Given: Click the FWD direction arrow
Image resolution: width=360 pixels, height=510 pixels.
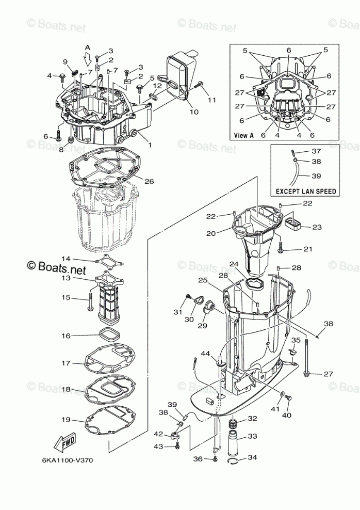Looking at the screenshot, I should point(64,442).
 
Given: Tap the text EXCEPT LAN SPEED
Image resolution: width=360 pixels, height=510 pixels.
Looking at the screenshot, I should point(305,191).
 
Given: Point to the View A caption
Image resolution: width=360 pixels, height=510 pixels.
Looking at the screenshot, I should point(244,135).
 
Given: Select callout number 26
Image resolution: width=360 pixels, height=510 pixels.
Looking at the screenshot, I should point(149,181).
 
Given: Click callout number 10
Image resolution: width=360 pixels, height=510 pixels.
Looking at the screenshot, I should point(193,111).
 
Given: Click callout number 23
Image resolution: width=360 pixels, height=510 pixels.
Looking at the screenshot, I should point(317,227).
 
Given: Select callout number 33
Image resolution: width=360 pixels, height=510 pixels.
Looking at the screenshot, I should point(252,436).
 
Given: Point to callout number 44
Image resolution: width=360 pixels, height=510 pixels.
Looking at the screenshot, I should point(206,353).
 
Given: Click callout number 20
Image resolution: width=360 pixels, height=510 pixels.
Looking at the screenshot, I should point(210,233).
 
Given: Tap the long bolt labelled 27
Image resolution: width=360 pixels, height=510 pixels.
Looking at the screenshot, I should point(307,356).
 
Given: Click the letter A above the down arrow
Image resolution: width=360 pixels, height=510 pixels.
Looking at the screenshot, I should point(88,47).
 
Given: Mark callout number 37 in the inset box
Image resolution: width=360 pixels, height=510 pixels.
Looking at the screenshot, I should point(316,151).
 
